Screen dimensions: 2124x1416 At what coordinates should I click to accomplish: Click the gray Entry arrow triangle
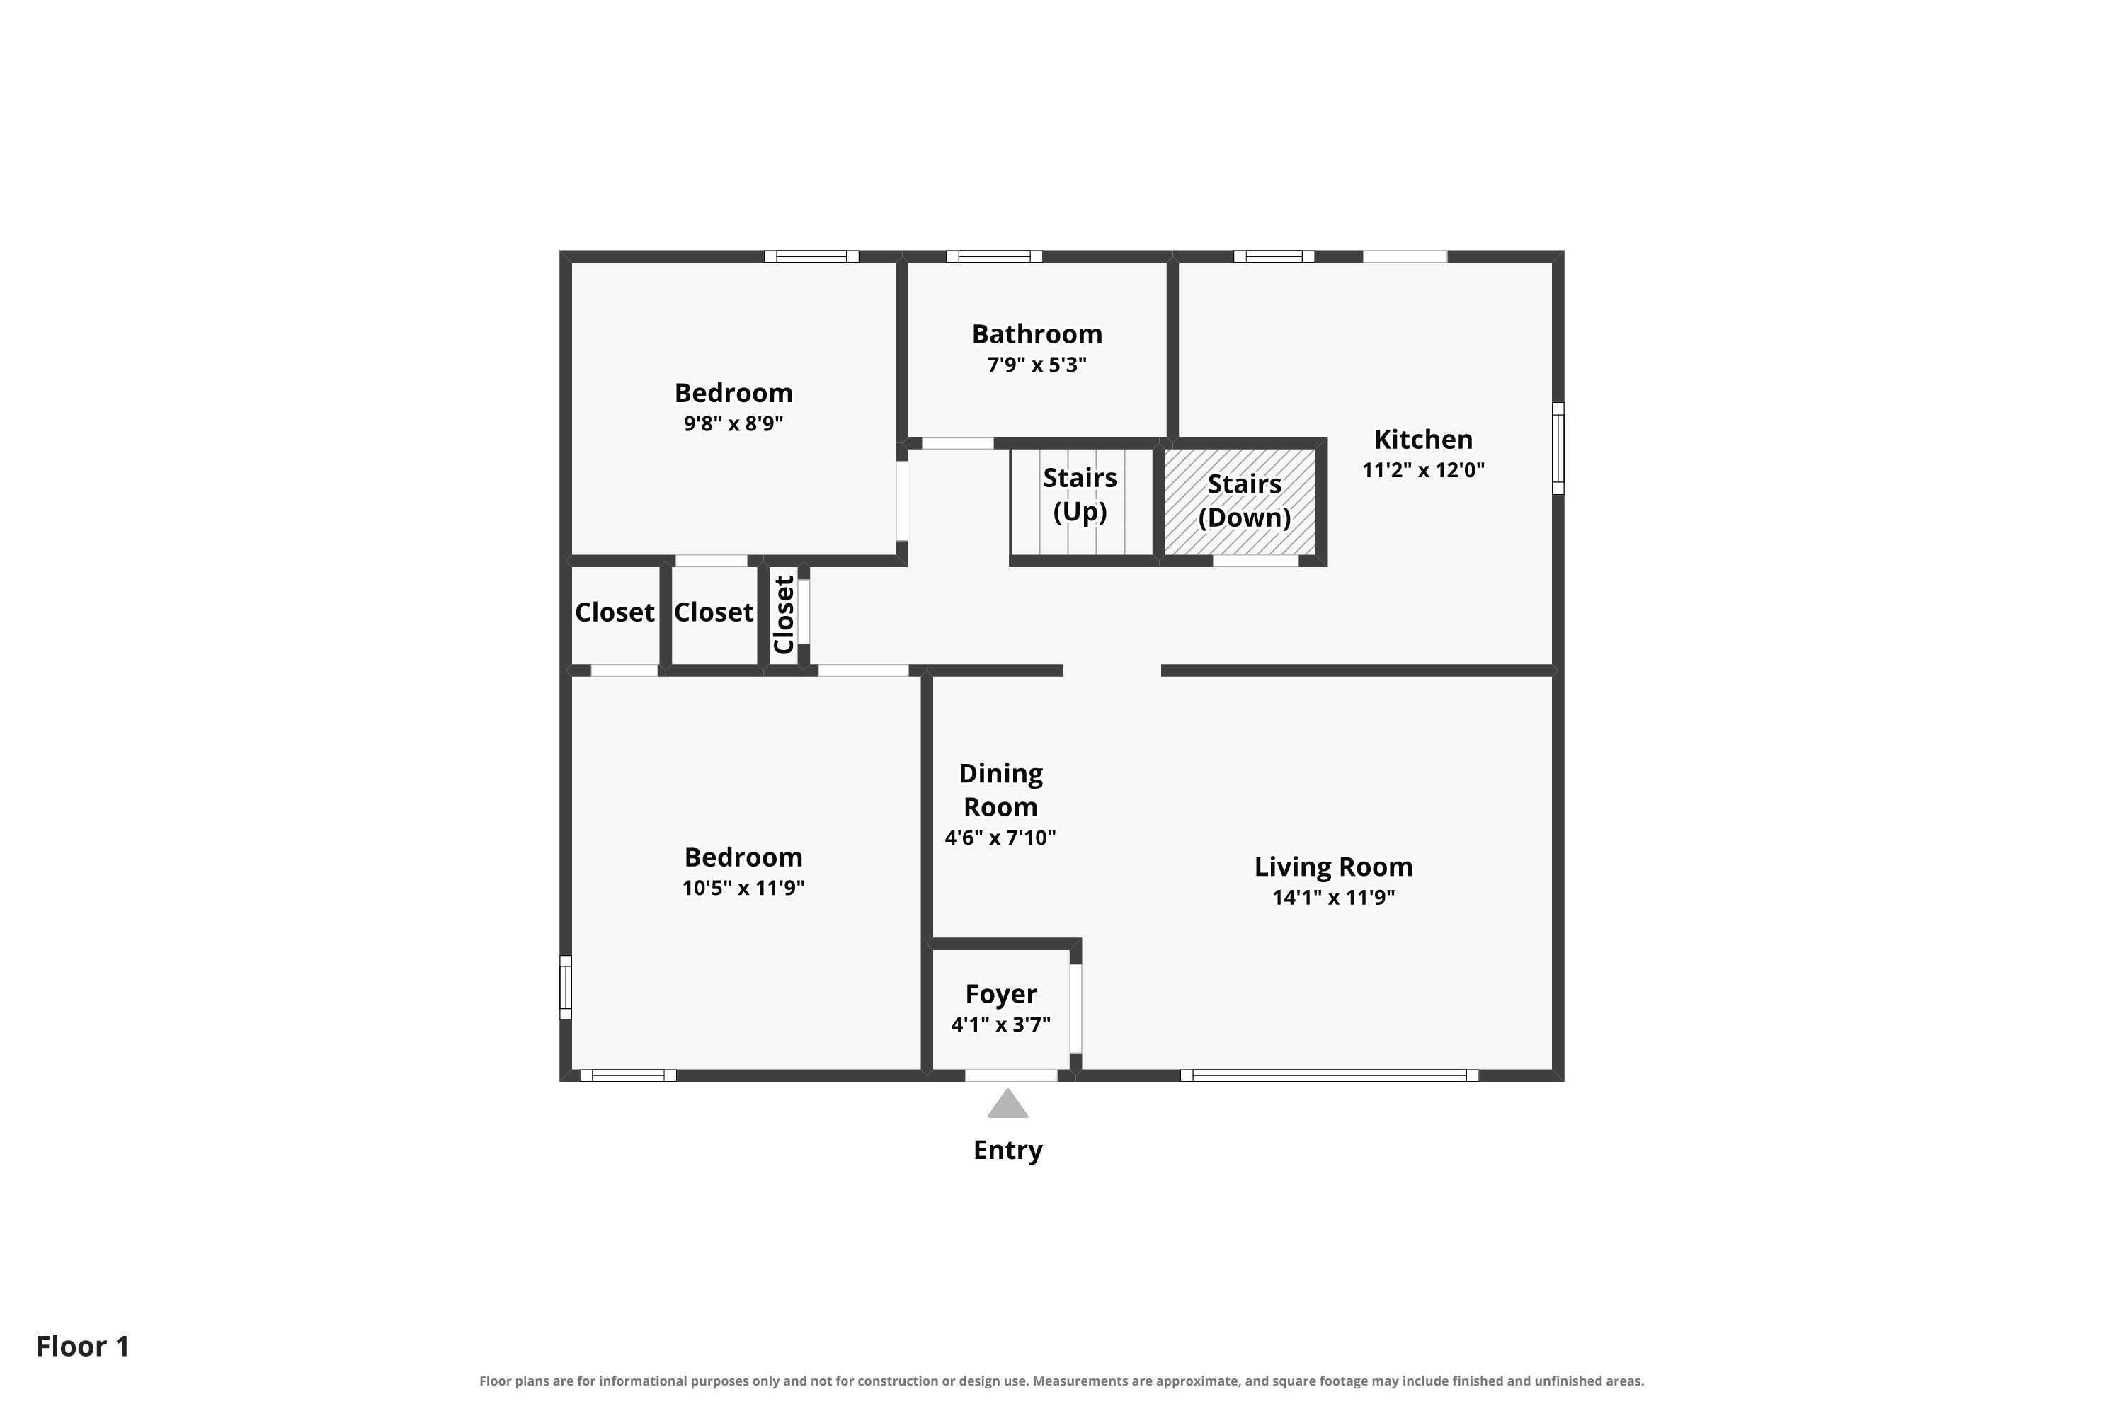(1007, 1104)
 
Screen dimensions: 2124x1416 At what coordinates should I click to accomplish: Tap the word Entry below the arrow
(1007, 1150)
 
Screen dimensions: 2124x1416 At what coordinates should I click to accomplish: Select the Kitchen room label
(1423, 440)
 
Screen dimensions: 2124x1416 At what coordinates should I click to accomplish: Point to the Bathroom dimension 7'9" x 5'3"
(1037, 365)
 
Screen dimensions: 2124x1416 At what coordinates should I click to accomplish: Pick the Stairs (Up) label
(1080, 495)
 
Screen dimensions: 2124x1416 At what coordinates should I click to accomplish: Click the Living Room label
(1334, 867)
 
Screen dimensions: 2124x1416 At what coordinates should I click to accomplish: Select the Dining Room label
(1000, 790)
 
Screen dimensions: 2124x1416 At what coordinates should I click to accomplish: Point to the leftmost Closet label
(615, 612)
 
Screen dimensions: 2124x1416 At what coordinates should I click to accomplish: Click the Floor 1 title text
(83, 1347)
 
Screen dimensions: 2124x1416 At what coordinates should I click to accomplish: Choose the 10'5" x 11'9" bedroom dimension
(743, 888)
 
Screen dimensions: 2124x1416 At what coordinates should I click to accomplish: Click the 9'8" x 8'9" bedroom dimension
(733, 423)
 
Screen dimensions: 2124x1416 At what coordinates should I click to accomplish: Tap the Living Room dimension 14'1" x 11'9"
(1334, 898)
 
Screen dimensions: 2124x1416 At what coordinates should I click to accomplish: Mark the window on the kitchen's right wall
(1558, 449)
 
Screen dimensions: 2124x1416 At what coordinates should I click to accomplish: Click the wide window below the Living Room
(1330, 1075)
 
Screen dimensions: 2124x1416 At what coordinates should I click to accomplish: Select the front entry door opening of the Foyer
(1012, 1075)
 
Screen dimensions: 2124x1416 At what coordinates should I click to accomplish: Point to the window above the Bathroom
(994, 256)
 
